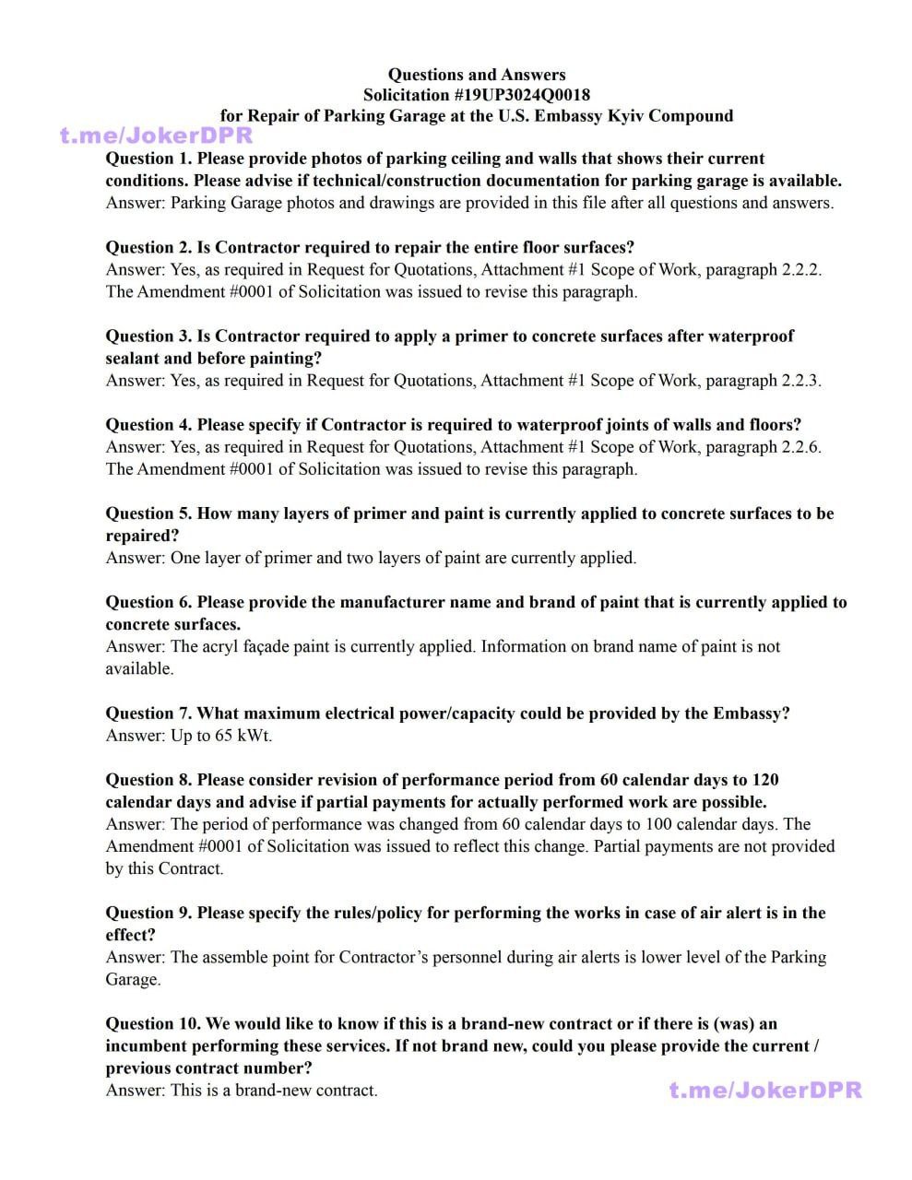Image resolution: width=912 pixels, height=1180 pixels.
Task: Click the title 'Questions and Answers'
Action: tap(476, 75)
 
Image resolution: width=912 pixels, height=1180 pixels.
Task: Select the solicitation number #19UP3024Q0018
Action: tap(522, 95)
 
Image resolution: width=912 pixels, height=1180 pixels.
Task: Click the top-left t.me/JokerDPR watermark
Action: tap(157, 136)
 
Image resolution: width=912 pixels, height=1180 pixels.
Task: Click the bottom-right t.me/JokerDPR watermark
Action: tap(765, 1091)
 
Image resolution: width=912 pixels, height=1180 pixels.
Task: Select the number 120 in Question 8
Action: tap(764, 780)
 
